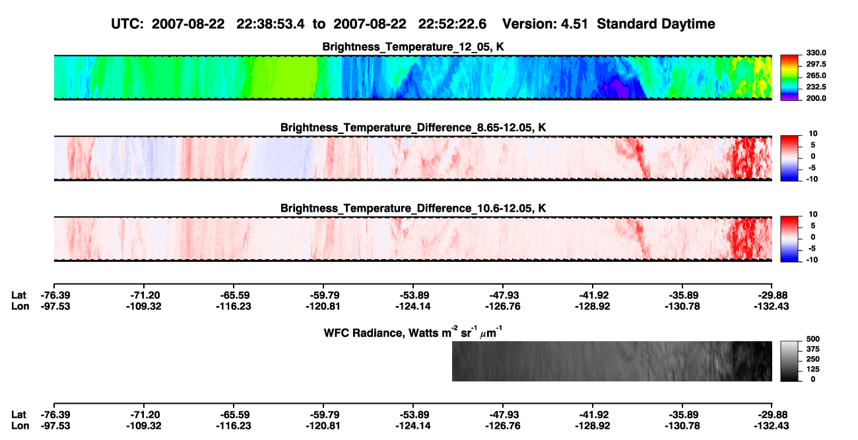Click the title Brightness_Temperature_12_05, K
pos(413,47)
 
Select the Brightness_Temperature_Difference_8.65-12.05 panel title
pos(413,127)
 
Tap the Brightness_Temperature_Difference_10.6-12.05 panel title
pos(413,208)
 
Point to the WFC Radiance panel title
pos(413,332)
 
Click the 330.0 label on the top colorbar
pos(816,53)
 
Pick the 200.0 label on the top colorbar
pos(816,98)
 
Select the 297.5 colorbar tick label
pos(816,64)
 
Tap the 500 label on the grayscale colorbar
pos(813,339)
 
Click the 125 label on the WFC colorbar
pos(813,369)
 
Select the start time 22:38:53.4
pos(271,24)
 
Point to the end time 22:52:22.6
pos(452,24)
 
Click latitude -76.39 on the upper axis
pos(55,296)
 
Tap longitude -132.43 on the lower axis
pos(771,426)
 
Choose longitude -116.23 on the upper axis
pos(233,306)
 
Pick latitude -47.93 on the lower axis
pos(503,415)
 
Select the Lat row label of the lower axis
pos(18,415)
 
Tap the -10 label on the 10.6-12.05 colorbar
pos(812,260)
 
